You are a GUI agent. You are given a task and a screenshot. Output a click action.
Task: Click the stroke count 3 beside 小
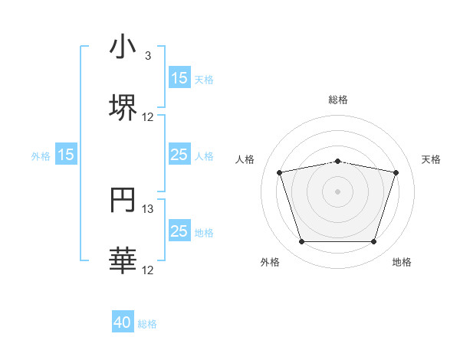click(x=148, y=55)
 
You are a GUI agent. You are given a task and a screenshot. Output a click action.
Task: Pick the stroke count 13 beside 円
click(x=148, y=209)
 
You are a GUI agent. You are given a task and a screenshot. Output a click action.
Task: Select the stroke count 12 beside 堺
click(x=148, y=116)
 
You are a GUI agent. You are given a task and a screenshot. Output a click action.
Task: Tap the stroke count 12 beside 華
click(x=148, y=270)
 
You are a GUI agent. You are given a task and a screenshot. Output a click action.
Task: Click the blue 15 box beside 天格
click(x=179, y=78)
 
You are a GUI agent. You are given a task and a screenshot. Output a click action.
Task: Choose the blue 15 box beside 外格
click(x=66, y=155)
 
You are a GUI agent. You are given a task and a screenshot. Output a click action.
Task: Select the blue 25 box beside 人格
click(x=179, y=155)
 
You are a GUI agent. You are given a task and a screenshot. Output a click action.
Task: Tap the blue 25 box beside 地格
click(x=179, y=232)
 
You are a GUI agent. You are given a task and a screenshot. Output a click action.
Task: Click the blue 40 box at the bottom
click(x=123, y=323)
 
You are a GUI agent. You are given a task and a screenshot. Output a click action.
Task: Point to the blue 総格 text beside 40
click(x=147, y=324)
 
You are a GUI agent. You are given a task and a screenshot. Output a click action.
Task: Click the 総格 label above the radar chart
click(x=338, y=100)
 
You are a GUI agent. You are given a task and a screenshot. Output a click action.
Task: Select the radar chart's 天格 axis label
click(x=432, y=159)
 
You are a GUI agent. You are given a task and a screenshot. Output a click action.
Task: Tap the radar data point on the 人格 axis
click(x=280, y=172)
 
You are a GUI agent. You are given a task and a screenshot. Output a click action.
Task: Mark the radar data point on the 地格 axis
click(x=373, y=242)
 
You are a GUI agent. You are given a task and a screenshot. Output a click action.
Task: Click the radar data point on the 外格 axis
click(x=301, y=242)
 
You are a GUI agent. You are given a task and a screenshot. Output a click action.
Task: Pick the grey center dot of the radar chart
click(x=337, y=191)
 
